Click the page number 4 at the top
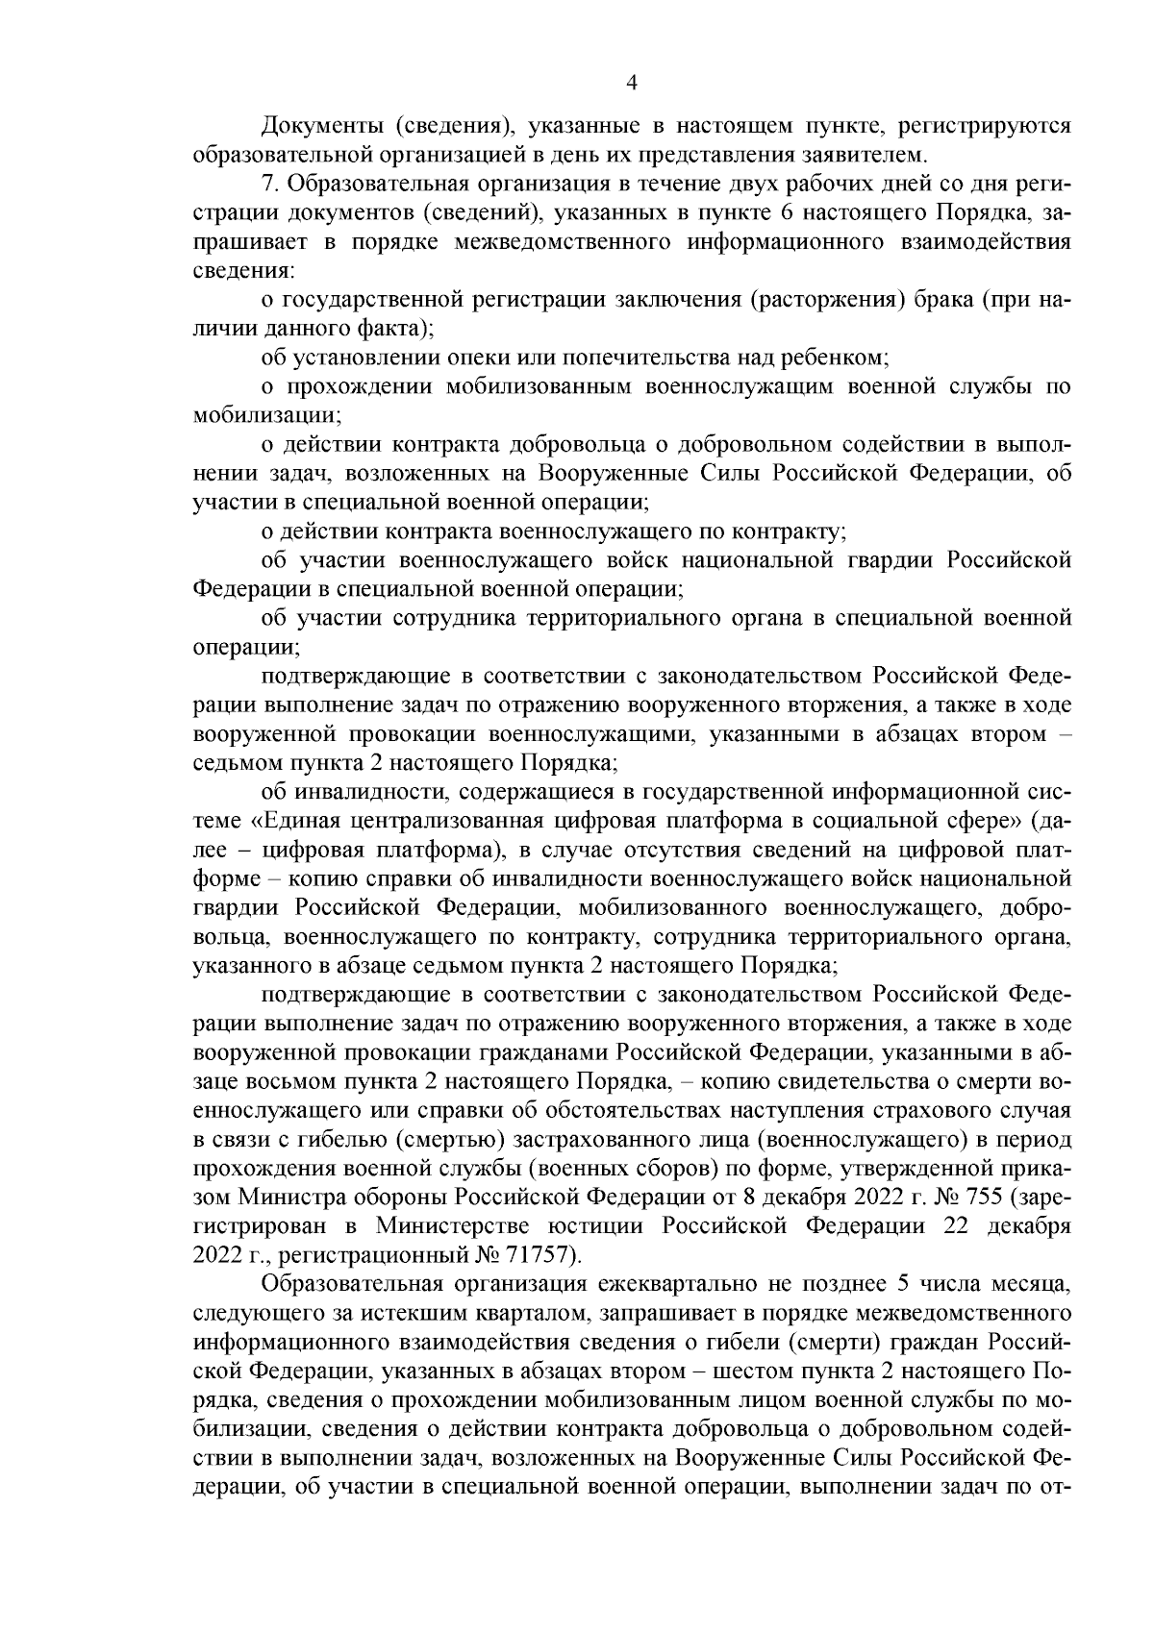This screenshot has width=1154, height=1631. point(632,84)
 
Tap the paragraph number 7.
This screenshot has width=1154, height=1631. point(269,183)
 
